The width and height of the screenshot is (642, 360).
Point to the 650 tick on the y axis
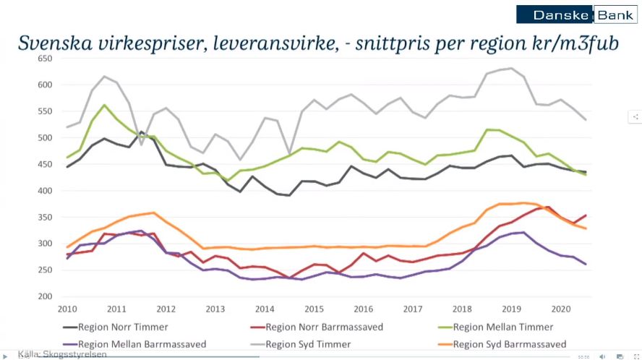click(x=45, y=59)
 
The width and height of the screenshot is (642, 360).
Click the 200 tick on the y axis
click(x=45, y=296)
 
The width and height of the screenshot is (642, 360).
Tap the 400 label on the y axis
click(x=45, y=191)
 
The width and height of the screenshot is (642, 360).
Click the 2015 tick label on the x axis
click(x=314, y=309)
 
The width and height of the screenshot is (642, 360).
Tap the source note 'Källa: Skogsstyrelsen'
click(x=62, y=354)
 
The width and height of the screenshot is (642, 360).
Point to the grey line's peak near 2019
click(x=512, y=69)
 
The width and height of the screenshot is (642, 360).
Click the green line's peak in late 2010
click(x=105, y=105)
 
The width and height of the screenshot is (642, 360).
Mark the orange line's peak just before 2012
click(x=153, y=213)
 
